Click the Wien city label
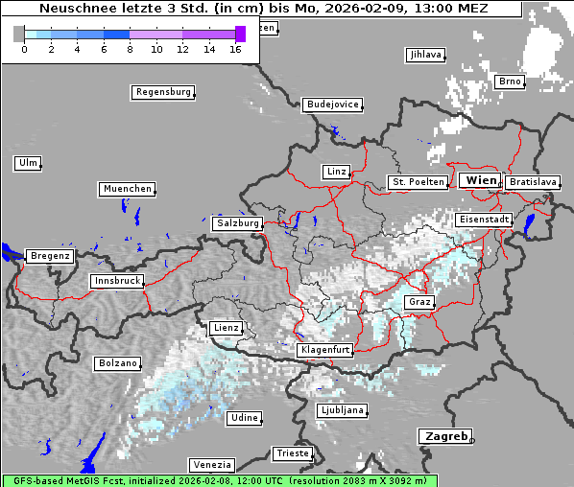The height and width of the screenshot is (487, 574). point(480,180)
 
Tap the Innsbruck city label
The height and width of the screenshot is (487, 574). point(116,281)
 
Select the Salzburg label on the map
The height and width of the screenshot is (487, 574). point(237,222)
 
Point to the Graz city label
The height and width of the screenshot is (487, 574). point(419,302)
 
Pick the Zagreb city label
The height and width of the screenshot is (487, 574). point(444,436)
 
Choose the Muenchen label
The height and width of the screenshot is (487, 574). point(126,189)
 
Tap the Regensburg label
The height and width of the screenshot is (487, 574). point(162,92)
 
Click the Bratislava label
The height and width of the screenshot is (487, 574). point(533,181)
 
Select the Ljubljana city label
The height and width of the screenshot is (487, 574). point(341,410)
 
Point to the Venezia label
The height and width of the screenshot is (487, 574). point(210,464)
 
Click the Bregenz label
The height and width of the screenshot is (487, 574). point(50,256)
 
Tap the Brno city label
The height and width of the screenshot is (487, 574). point(510,81)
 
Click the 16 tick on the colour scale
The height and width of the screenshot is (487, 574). point(235,48)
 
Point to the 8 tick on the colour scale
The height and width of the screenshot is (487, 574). point(130,48)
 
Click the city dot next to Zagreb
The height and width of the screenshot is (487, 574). point(472,440)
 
